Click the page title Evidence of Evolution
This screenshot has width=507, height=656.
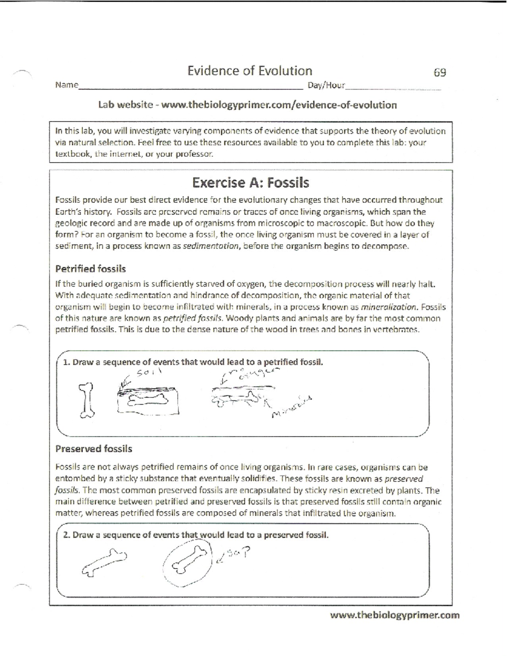coord(250,71)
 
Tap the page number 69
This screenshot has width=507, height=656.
coord(440,73)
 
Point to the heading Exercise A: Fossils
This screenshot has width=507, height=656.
coord(251,183)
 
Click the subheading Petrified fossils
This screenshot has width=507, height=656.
coord(90,269)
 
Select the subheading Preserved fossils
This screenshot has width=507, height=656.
coord(93,449)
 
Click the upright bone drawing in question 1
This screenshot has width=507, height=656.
coord(87,400)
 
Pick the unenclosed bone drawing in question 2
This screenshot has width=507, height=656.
coord(104,562)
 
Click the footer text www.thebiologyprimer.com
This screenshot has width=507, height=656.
coord(394,615)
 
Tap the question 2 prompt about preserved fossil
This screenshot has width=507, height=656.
coord(196,535)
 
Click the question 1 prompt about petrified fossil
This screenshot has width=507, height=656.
coord(193,362)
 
